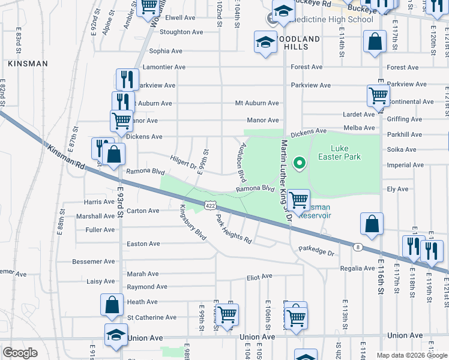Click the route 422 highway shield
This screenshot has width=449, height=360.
[x=209, y=205]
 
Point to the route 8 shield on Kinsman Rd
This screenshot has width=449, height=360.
[x=357, y=246]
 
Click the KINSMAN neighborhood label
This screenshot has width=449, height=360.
[x=25, y=62]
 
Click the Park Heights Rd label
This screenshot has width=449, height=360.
[x=234, y=229]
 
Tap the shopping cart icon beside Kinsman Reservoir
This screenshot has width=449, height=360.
[x=298, y=200]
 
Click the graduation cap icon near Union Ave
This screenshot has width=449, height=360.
[x=116, y=335]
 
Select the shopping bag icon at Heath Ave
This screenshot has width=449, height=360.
[x=112, y=305]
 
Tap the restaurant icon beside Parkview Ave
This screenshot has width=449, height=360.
[x=127, y=79]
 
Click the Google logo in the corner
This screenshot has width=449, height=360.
[x=20, y=353]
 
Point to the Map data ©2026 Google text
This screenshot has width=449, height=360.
[x=412, y=355]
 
